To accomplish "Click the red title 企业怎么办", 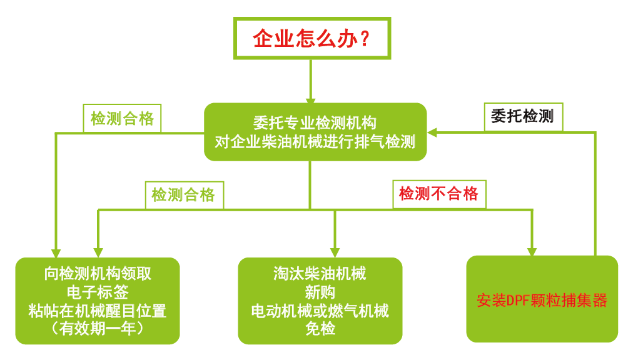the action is pos(305,39).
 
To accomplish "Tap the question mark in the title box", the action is pos(365,39).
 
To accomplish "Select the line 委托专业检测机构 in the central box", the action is pos(315,122).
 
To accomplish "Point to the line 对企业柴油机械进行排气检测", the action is pos(315,141).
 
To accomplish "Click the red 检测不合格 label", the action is pos(438,194).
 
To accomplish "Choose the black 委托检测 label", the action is pos(522,116).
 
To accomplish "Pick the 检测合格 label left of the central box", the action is pos(122,119).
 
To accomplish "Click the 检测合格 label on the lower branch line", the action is pos(183,195).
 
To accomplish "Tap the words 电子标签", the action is pos(98,292).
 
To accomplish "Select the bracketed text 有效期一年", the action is pos(98,328).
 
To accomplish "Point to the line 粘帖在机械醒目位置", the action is pos(98,311).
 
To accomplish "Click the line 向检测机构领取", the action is pos(98,274).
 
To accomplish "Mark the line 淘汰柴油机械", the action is pos(320,274).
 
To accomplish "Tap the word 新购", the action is pos(320,292).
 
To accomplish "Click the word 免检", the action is pos(320,328).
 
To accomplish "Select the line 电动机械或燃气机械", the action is pos(320,311).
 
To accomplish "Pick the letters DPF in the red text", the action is pos(517,301).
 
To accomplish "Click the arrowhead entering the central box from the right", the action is pos(432,132).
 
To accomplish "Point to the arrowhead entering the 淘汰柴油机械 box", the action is pos(335,252).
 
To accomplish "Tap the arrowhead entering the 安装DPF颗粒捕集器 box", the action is pos(532,252).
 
